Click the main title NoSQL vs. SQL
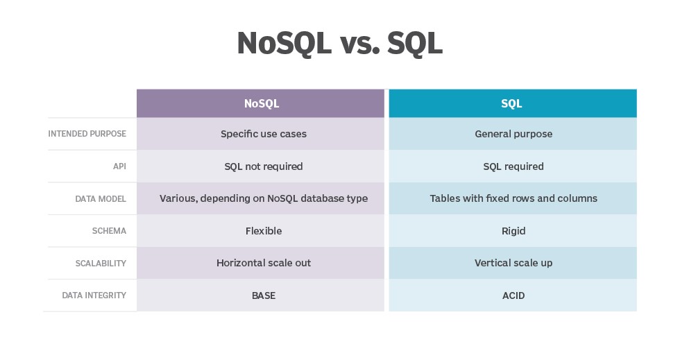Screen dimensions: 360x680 tap(339, 43)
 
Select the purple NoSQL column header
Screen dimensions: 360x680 tap(261, 103)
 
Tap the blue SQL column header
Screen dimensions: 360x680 tap(512, 103)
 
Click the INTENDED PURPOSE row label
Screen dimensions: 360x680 tap(87, 134)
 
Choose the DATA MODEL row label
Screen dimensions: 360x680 tap(101, 199)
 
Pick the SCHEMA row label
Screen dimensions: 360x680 tap(109, 231)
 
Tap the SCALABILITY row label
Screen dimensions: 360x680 tap(101, 264)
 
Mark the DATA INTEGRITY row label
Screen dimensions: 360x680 tap(94, 295)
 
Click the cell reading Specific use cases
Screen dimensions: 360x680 tap(263, 134)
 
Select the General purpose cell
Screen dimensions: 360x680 tap(513, 134)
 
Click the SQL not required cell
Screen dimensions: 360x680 tap(263, 166)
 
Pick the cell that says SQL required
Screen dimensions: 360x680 tap(513, 166)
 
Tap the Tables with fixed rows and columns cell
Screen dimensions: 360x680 tap(513, 198)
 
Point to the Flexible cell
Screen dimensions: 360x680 tap(263, 231)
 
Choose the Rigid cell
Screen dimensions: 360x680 tap(513, 231)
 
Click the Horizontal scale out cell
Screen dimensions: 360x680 tap(263, 263)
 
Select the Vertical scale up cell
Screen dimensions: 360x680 tap(513, 263)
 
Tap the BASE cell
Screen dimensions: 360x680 tap(263, 295)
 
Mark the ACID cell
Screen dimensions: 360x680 tap(513, 295)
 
